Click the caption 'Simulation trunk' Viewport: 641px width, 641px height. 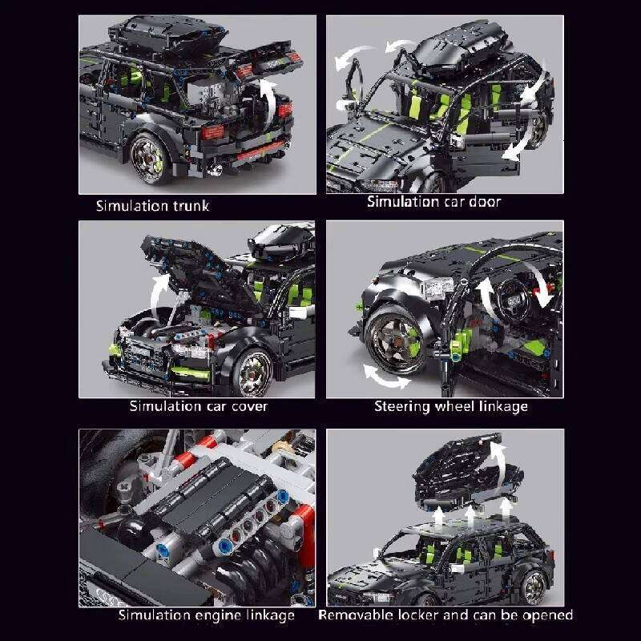point(152,206)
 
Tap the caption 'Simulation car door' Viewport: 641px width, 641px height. point(433,202)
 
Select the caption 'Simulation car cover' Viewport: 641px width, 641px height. point(199,405)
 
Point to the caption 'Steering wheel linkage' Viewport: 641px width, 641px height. point(451,406)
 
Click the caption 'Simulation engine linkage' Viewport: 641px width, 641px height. point(207,615)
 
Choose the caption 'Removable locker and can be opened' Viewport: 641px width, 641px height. point(445,615)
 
